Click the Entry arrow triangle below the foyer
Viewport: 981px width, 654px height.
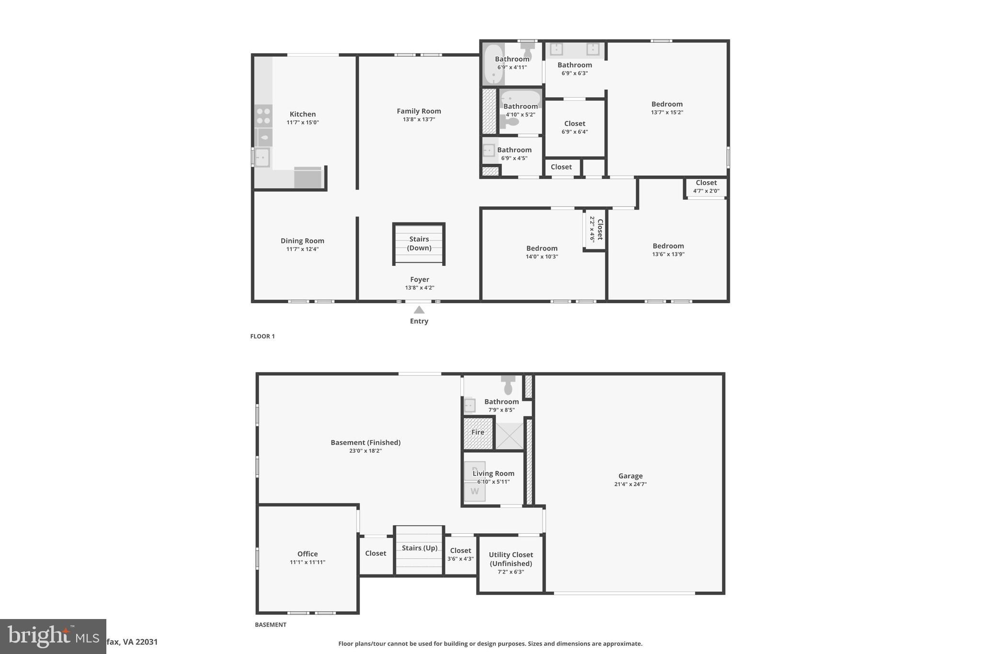(x=419, y=310)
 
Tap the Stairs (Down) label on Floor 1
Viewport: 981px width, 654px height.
(x=419, y=243)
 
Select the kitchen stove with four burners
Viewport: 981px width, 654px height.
(x=263, y=116)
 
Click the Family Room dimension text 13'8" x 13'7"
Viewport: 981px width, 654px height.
(x=419, y=119)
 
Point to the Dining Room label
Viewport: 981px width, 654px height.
(x=302, y=241)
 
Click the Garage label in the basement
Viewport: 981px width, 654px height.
(x=630, y=476)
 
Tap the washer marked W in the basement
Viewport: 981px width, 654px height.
(x=474, y=492)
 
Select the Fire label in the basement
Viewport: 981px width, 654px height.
(x=478, y=432)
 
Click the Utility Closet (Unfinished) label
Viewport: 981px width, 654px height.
(x=511, y=559)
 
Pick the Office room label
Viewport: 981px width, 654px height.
(x=307, y=554)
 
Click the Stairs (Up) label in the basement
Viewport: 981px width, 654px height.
(x=419, y=548)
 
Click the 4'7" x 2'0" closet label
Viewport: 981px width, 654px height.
(x=706, y=186)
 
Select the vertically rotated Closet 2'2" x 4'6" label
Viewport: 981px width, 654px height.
(x=596, y=229)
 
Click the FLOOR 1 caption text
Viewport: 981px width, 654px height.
(x=262, y=336)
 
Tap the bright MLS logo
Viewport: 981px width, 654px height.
(x=53, y=636)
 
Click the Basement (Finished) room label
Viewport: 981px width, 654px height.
(x=365, y=443)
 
